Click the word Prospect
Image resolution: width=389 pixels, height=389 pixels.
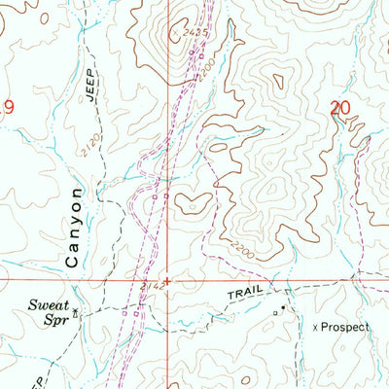[348, 328]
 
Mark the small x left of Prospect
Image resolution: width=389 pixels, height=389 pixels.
[315, 328]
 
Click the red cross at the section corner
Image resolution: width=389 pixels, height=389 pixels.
[167, 282]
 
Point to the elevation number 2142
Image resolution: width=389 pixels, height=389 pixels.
[149, 287]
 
